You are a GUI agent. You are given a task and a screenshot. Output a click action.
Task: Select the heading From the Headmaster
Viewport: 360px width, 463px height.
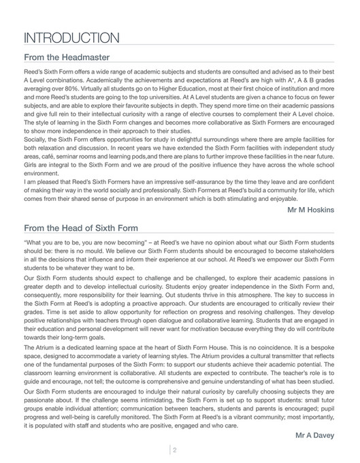(x=67, y=59)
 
